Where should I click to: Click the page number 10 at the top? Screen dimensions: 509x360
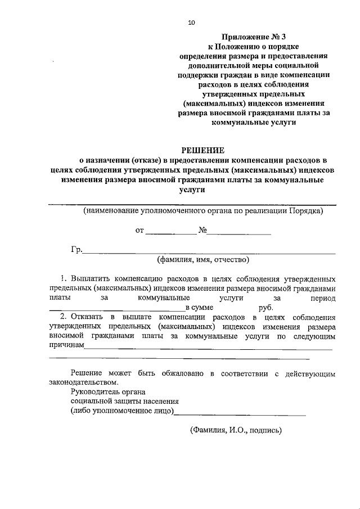(x=191, y=22)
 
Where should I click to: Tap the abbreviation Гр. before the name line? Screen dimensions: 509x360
(x=76, y=250)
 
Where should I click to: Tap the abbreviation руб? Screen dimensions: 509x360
(x=266, y=308)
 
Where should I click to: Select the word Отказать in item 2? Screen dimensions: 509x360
(x=92, y=317)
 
